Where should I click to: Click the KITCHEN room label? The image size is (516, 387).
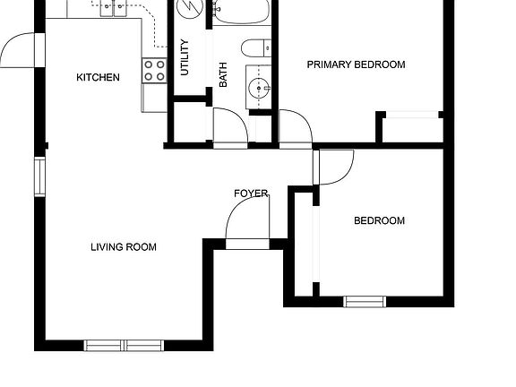coord(98,78)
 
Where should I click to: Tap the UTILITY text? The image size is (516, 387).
coord(185,56)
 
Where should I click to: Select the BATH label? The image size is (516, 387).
coord(223,73)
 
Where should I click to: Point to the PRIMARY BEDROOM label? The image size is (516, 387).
coord(356,64)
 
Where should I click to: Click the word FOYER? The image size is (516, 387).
coord(251,193)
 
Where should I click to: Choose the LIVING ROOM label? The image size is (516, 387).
coord(124,247)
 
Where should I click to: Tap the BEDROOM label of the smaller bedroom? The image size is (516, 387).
coord(379,221)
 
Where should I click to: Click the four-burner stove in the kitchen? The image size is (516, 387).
coord(154,71)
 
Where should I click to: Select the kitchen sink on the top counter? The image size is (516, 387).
coord(114,9)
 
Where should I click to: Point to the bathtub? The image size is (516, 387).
coord(239,12)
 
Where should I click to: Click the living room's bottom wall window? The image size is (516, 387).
coord(125,344)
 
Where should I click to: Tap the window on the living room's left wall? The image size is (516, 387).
coord(39,176)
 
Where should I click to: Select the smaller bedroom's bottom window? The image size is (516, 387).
coord(365,301)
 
